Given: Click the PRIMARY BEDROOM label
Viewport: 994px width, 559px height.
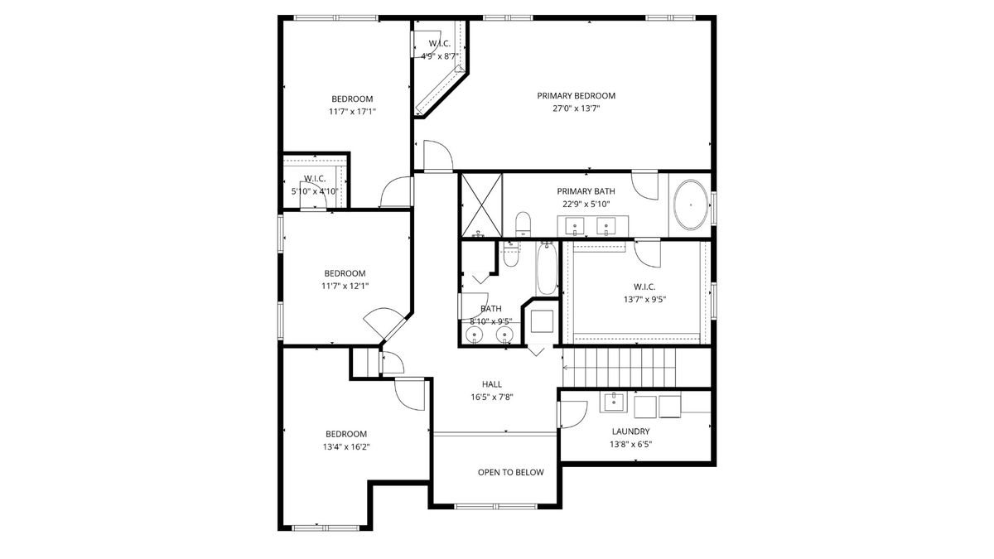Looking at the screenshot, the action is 576,96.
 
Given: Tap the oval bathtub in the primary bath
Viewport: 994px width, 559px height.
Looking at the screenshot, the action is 691,205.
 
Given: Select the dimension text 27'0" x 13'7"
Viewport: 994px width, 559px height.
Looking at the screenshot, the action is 576,108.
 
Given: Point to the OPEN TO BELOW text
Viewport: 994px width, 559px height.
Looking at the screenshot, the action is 511,473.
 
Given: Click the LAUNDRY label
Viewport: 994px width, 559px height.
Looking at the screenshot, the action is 630,431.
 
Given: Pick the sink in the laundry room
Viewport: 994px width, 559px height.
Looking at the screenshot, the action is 614,402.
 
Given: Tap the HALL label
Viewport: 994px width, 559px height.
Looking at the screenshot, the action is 492,384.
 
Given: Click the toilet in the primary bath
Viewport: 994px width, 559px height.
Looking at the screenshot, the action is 524,224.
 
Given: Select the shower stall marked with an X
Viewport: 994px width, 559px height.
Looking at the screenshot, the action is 482,205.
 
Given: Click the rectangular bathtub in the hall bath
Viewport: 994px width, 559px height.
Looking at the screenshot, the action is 547,269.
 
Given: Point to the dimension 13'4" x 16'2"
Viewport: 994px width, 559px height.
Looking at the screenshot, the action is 346,446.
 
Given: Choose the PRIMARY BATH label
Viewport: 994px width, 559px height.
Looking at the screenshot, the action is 586,191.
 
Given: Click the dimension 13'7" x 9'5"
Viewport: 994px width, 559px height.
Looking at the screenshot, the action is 644,300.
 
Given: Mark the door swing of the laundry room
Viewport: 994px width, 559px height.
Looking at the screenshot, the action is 573,414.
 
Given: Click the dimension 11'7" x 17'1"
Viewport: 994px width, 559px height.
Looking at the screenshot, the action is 352,111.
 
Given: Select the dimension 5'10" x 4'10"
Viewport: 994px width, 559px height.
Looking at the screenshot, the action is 315,191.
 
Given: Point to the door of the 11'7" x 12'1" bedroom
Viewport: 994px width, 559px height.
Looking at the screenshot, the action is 384,322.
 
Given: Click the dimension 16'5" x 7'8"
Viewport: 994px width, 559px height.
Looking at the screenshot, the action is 492,397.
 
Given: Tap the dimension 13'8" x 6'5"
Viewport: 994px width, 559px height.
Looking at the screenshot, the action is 630,444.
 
